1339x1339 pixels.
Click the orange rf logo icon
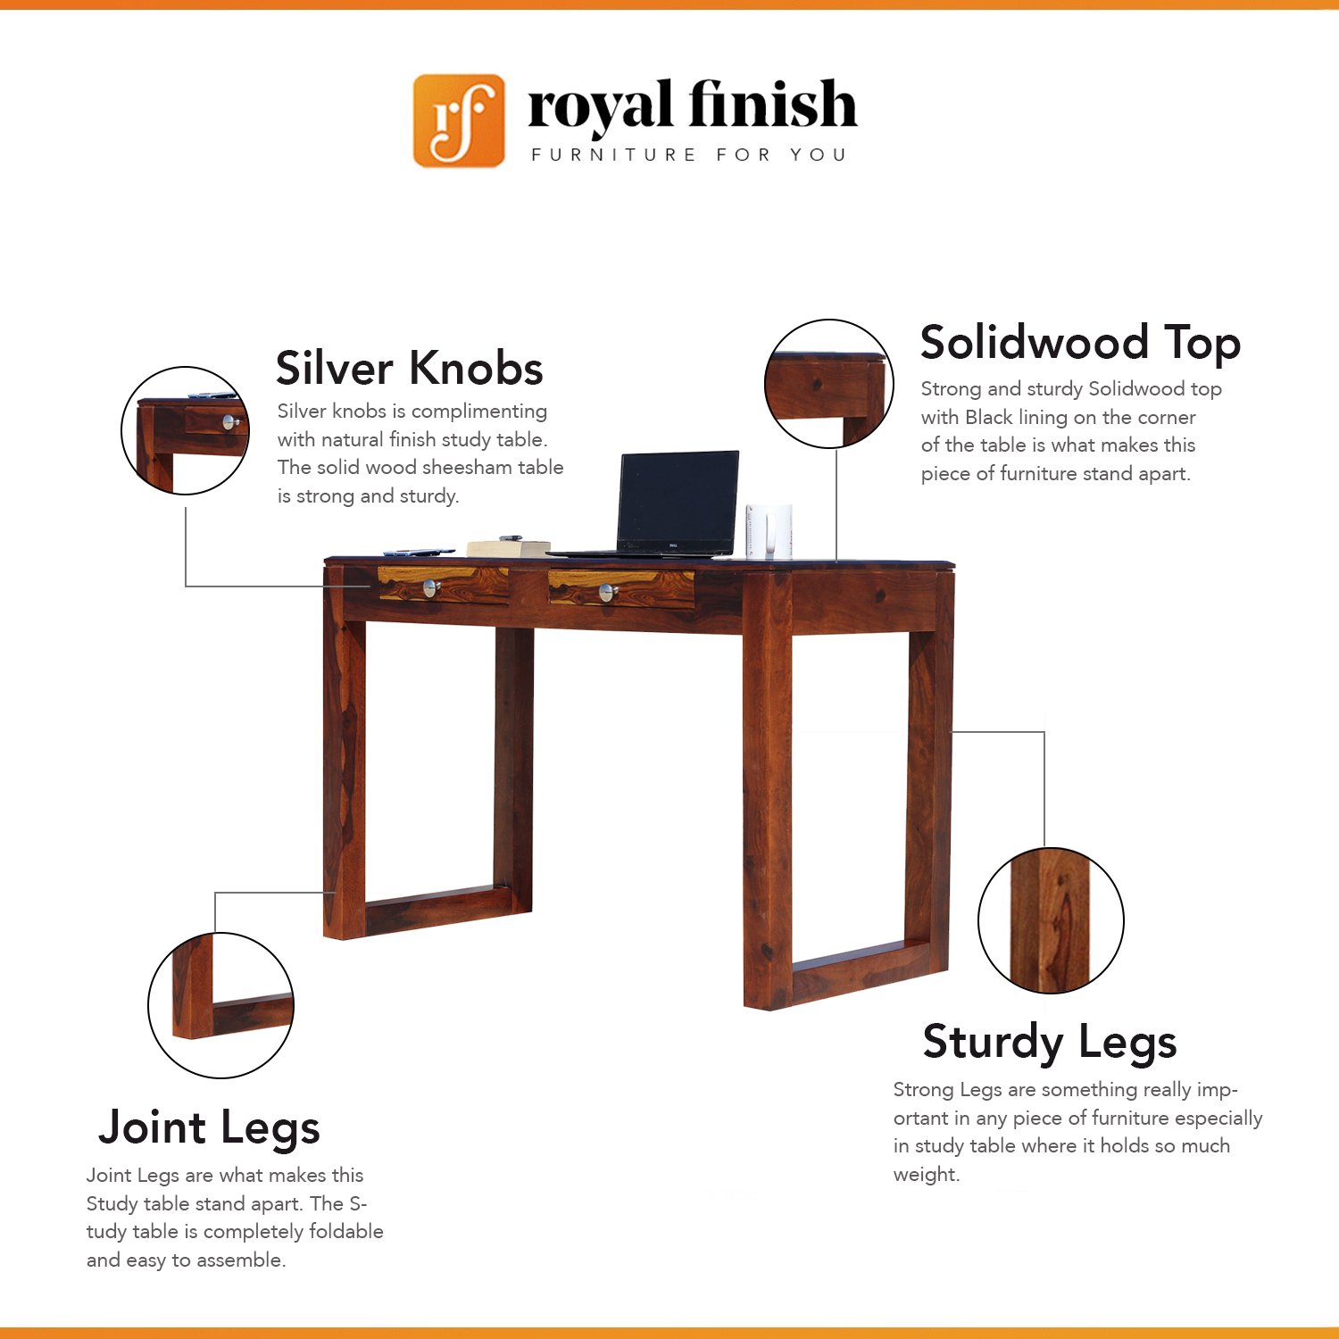click(x=459, y=121)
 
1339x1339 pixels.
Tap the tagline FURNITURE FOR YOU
click(x=688, y=155)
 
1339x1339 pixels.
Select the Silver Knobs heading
click(x=410, y=368)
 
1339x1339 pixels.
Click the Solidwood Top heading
click(x=1081, y=344)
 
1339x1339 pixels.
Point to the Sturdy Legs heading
click(x=1050, y=1043)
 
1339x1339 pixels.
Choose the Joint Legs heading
click(x=209, y=1128)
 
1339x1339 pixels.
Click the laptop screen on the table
click(x=678, y=501)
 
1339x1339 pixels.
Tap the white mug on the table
click(x=769, y=531)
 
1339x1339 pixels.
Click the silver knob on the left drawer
click(x=431, y=587)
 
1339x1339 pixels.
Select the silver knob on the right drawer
click(x=608, y=591)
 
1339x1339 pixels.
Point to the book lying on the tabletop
click(x=508, y=547)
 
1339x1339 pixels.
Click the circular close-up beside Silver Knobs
click(x=186, y=430)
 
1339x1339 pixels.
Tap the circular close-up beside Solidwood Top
click(x=829, y=384)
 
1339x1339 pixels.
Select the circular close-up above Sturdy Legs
click(x=1051, y=920)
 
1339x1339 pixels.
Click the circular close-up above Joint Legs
click(x=220, y=1005)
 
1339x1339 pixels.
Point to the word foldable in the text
click(x=346, y=1232)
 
